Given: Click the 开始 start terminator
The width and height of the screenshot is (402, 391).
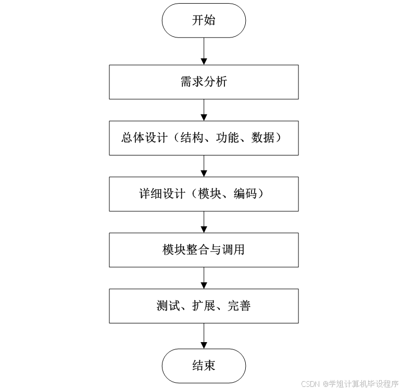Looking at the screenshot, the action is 204,21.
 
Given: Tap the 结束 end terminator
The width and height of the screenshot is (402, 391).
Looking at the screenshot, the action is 204,366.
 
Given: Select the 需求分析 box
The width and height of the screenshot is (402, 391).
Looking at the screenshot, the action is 204,82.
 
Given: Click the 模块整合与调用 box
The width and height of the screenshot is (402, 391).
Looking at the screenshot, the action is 204,250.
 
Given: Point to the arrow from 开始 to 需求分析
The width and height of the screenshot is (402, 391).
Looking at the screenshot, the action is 204,51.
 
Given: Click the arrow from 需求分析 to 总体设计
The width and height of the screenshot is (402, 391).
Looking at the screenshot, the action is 204,110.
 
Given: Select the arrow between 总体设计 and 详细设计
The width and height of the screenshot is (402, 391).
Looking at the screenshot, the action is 204,166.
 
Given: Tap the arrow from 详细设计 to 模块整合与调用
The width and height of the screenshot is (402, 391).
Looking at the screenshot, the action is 204,222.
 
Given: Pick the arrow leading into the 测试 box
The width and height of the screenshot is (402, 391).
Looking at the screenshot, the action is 204,278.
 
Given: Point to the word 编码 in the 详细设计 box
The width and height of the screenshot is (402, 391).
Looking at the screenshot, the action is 245,194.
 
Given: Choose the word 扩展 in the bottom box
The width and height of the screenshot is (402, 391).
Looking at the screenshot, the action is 204,306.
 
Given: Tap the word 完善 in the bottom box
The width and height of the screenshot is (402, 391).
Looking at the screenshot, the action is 240,306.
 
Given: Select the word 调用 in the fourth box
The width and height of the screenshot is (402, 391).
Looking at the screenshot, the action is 233,250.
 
